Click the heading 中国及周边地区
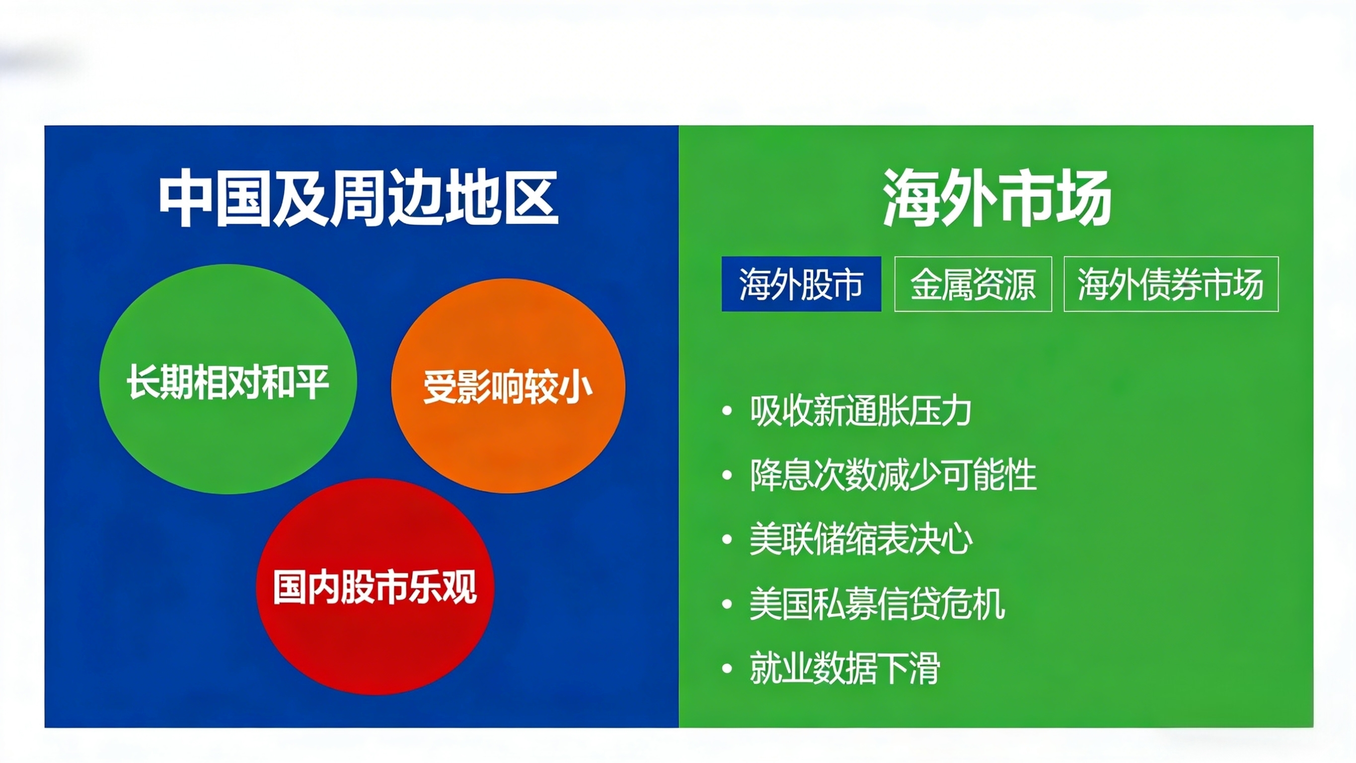(359, 198)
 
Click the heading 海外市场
(997, 198)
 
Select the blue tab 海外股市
(801, 284)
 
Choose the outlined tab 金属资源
(973, 284)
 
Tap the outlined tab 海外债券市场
(1171, 284)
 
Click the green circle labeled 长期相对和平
(228, 379)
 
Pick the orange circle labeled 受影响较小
(508, 386)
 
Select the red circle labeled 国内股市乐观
(375, 587)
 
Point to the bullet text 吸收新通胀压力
(861, 411)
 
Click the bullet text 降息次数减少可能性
(893, 475)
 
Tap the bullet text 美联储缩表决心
(861, 539)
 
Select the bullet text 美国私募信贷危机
(878, 604)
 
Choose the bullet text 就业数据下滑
(845, 668)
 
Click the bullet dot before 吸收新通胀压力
(728, 411)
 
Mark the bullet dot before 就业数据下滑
(728, 669)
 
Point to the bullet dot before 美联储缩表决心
(728, 540)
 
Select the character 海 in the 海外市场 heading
(910, 198)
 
